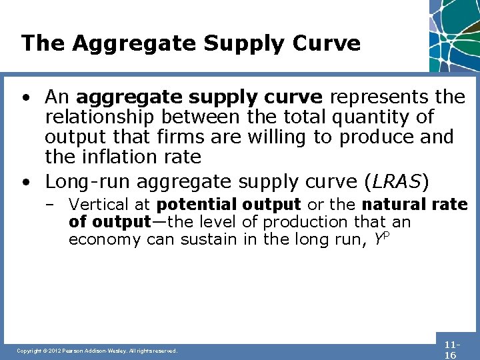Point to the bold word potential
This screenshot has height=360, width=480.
[197, 204]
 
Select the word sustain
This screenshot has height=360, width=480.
[207, 240]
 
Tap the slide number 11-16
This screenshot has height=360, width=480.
[451, 350]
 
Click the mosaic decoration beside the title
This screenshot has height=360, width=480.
[454, 33]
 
